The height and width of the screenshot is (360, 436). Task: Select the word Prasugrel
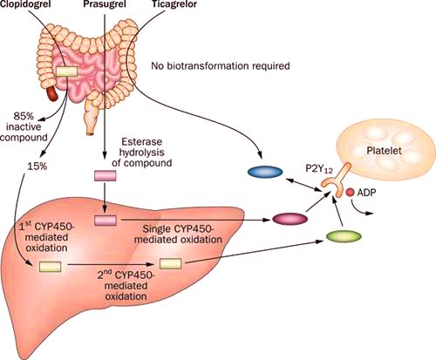coord(105,4)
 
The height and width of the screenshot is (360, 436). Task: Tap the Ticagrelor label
coord(174,4)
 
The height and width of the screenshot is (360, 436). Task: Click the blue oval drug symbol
coord(265,172)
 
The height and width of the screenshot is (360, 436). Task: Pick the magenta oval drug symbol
coord(290,219)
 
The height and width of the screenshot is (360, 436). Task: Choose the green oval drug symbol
coord(344,236)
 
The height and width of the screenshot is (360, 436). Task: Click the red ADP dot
coord(350,192)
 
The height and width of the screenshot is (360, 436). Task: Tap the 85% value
coord(24,117)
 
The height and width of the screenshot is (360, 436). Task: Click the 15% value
coord(37,166)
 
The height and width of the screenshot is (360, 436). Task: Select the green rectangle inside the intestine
coord(66,71)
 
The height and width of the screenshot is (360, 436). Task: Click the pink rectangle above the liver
coord(105,176)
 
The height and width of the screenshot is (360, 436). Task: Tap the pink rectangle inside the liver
coord(106,221)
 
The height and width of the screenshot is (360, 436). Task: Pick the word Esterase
coord(141,142)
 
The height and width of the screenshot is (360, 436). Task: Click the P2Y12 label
coord(319,169)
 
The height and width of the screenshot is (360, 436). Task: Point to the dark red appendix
coord(52,92)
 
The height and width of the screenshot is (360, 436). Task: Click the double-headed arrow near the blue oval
coord(304,185)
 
